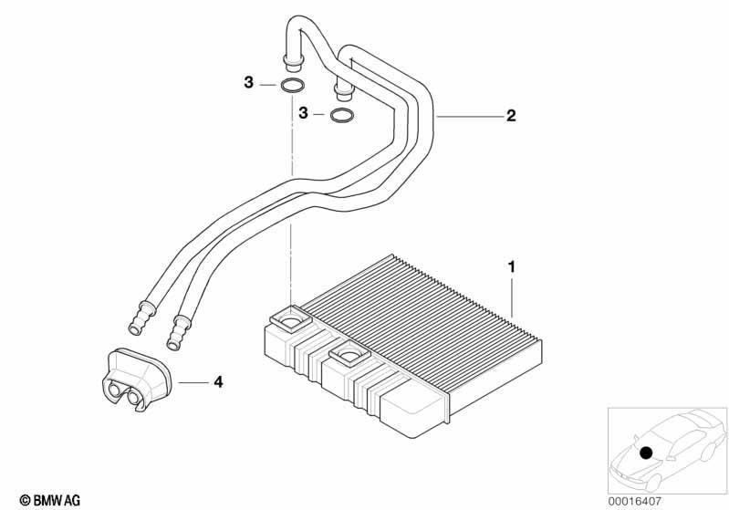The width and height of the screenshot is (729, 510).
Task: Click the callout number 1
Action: tap(512, 267)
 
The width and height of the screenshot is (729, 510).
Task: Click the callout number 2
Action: tap(511, 115)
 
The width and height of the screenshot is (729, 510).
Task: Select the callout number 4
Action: tap(218, 382)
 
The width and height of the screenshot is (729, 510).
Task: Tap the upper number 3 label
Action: tap(249, 83)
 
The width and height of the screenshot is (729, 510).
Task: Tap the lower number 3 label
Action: tap(303, 112)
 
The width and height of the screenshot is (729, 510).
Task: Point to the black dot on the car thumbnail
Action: tap(646, 453)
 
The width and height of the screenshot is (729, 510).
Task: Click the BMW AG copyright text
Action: tap(50, 500)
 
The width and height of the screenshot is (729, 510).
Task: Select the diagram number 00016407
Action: tap(634, 501)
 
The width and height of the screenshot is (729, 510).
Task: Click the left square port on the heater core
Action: tap(291, 319)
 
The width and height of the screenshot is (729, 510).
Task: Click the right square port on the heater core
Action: tap(349, 356)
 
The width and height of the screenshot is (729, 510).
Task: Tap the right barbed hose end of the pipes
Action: tap(179, 332)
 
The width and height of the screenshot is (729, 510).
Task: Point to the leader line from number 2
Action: tap(470, 117)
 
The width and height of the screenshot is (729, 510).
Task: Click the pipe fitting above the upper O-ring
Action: tap(293, 62)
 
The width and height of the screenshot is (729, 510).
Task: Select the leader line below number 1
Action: tap(513, 297)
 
